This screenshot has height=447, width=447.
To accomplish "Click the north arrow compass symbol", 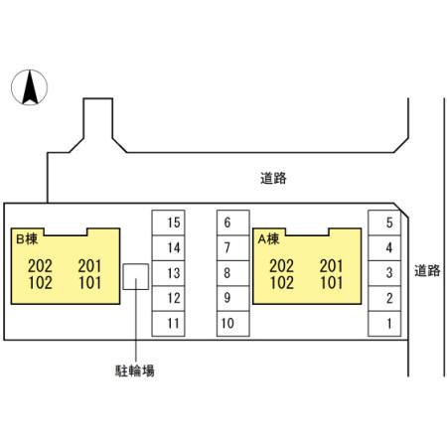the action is pyautogui.click(x=29, y=87).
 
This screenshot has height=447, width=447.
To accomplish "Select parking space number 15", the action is pyautogui.click(x=168, y=223).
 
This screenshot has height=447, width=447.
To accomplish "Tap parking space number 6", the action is pyautogui.click(x=233, y=223).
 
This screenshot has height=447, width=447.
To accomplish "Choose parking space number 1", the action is pyautogui.click(x=384, y=324).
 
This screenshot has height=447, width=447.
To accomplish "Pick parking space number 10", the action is pyautogui.click(x=233, y=324).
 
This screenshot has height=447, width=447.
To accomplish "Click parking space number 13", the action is pyautogui.click(x=168, y=273).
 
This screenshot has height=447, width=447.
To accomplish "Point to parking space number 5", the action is pyautogui.click(x=384, y=223).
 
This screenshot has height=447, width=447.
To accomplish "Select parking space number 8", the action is pyautogui.click(x=233, y=273).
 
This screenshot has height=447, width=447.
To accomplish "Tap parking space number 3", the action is pyautogui.click(x=384, y=273).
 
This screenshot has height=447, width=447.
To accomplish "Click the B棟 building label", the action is pyautogui.click(x=27, y=238).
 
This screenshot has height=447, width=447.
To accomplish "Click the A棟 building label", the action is pyautogui.click(x=268, y=238).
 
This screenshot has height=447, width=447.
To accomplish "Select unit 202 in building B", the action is pyautogui.click(x=40, y=265).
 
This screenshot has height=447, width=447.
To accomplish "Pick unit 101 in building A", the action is pyautogui.click(x=332, y=283).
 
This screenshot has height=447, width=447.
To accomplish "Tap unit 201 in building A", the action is pyautogui.click(x=332, y=265).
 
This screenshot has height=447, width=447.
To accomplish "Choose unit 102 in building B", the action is pyautogui.click(x=40, y=283).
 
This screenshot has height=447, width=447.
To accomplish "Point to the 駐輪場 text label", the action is pyautogui.click(x=135, y=371).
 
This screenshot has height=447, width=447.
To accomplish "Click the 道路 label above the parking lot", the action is pyautogui.click(x=273, y=178).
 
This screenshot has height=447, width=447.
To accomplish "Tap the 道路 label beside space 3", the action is pyautogui.click(x=427, y=270).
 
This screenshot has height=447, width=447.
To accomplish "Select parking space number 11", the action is pyautogui.click(x=168, y=324).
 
